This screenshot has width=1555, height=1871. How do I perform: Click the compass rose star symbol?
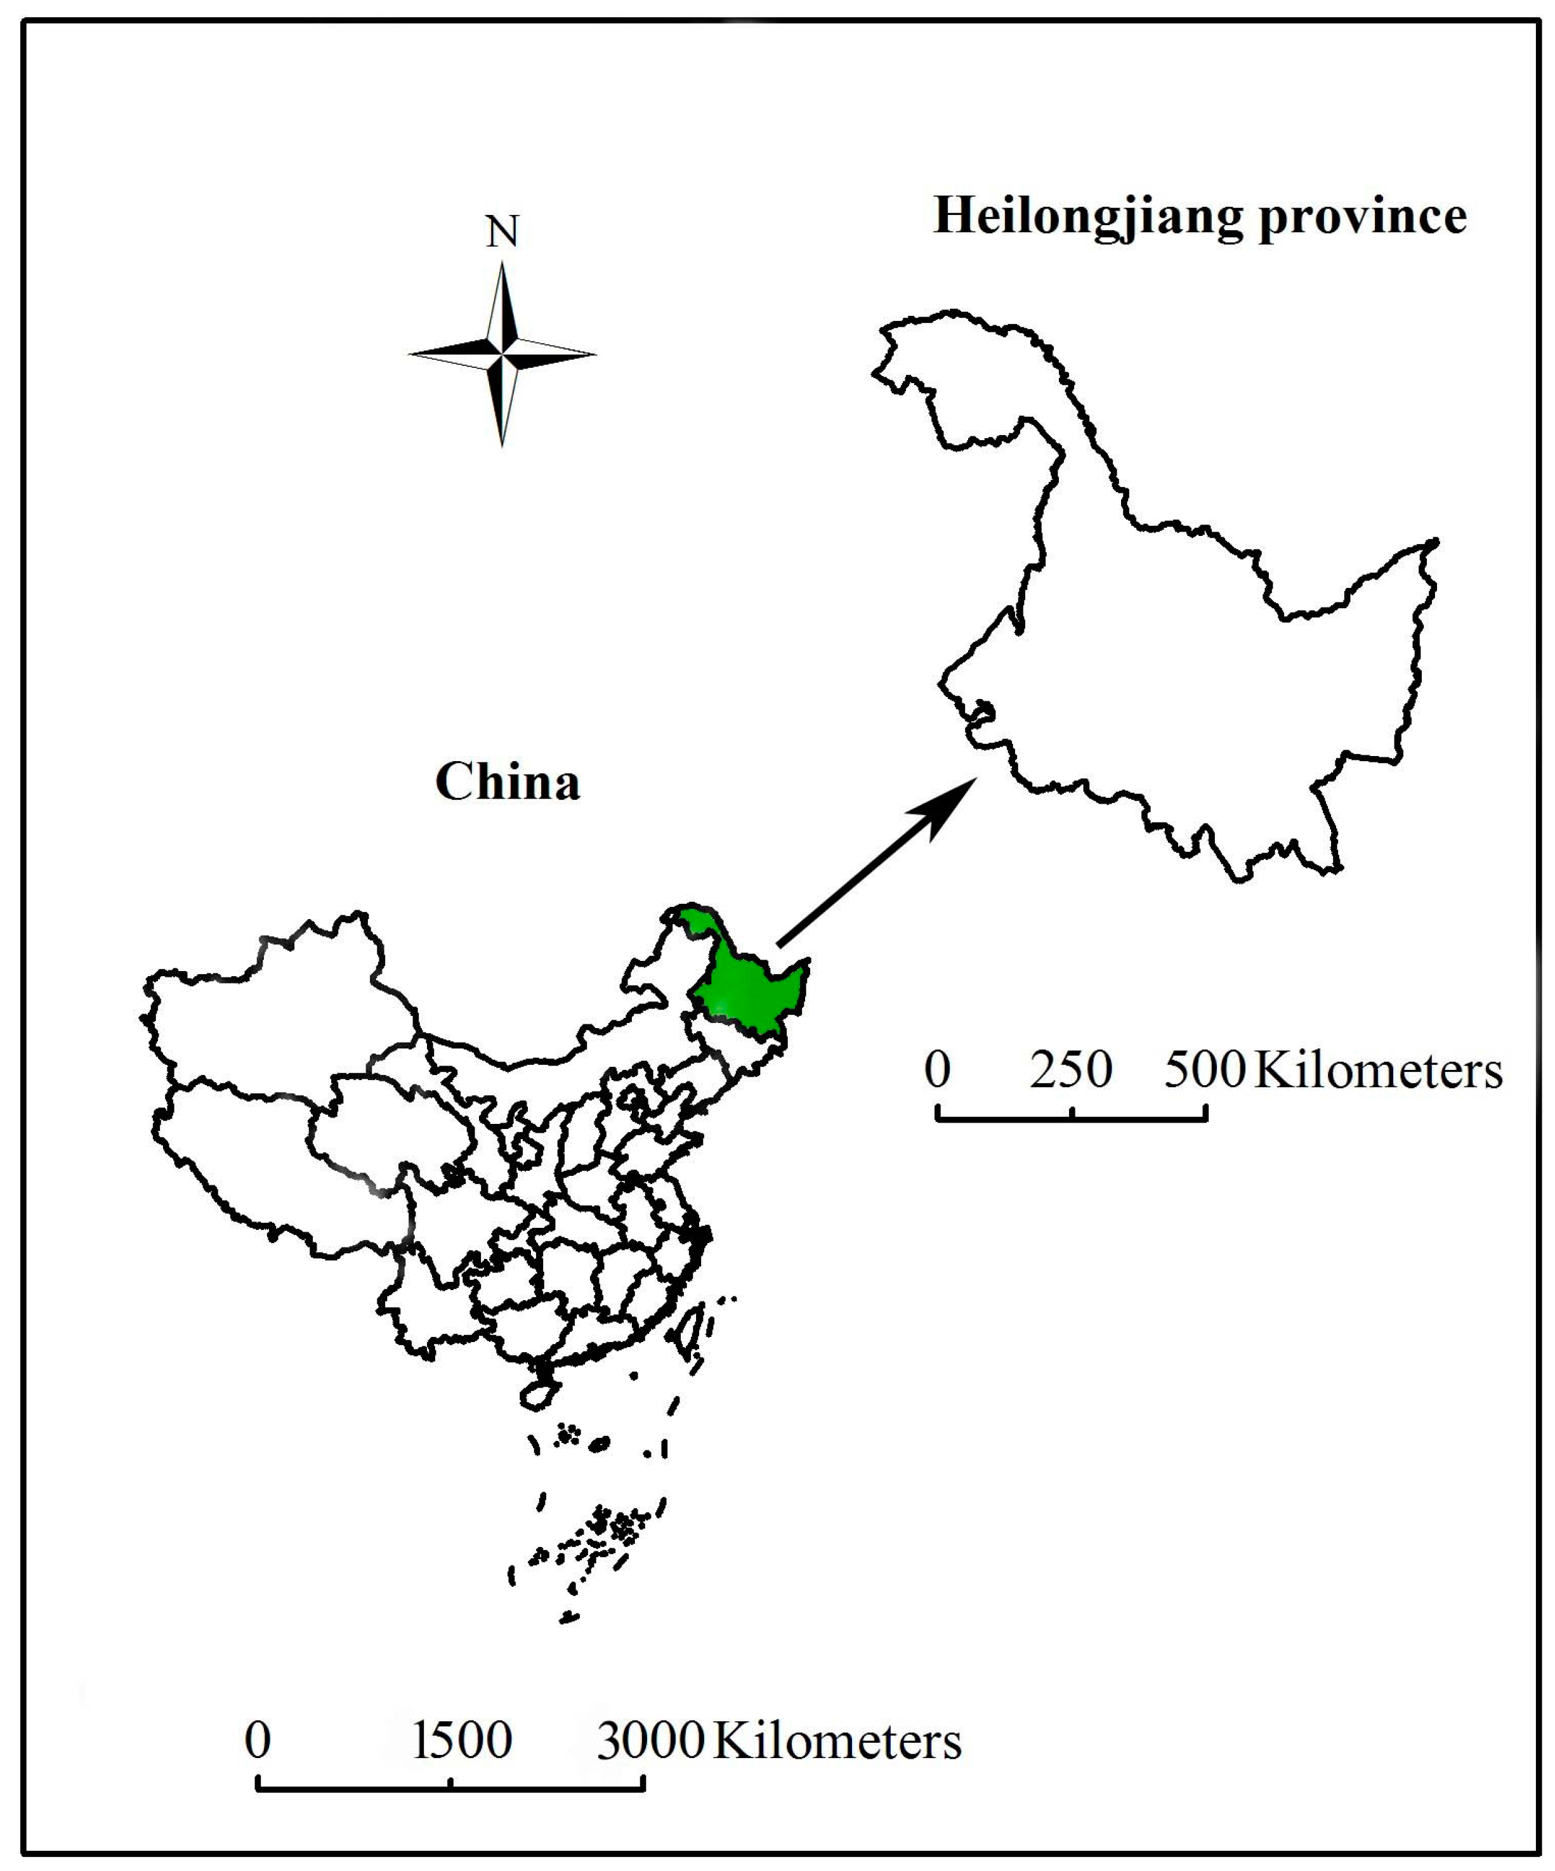coord(502,354)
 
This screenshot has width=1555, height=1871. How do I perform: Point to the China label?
coord(507,782)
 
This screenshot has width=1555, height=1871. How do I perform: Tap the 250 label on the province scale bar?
coord(1071,1069)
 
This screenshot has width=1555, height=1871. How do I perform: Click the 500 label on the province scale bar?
coord(1205,1069)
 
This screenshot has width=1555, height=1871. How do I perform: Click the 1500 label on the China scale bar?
coord(463,1740)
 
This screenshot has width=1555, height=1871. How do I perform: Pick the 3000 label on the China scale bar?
coord(650,1740)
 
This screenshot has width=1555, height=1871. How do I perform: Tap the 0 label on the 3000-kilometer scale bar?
coord(258,1740)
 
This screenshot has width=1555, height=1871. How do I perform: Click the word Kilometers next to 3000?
coord(837,1740)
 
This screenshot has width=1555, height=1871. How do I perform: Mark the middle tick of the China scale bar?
coord(451,1782)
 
